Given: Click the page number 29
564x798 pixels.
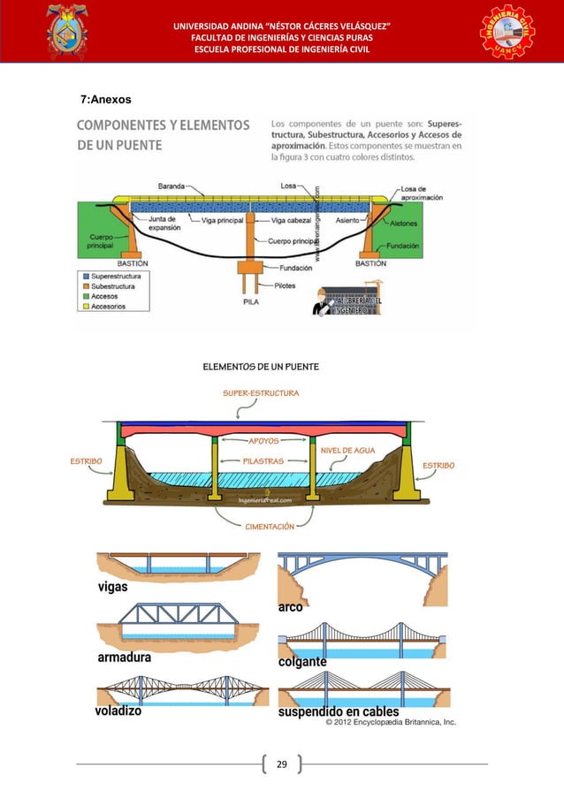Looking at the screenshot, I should [x=282, y=763].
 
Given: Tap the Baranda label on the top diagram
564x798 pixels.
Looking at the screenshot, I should [x=171, y=186].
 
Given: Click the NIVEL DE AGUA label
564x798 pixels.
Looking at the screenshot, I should [x=348, y=451].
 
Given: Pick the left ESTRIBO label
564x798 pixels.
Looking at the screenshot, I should [x=86, y=460].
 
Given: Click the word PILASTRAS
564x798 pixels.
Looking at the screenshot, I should [x=263, y=460].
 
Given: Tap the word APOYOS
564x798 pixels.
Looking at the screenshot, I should [x=263, y=439].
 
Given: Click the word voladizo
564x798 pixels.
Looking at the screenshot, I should [x=118, y=711].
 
